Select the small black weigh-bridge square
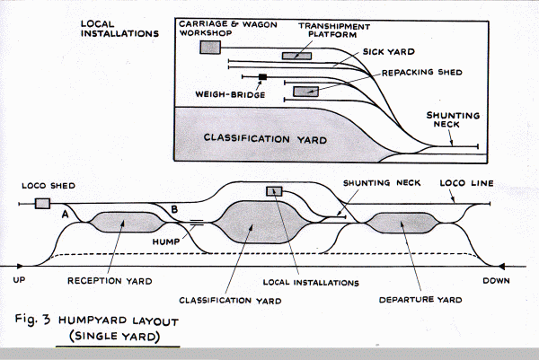[263, 77]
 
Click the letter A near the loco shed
[65, 215]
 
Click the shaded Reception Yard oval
[119, 221]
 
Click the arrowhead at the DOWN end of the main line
[505, 266]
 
